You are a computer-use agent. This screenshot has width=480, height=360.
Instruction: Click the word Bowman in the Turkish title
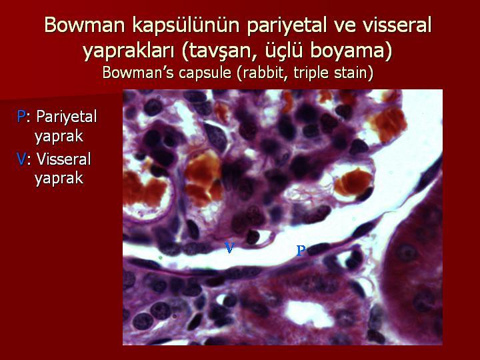(85, 25)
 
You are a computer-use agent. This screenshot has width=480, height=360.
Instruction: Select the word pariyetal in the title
(286, 26)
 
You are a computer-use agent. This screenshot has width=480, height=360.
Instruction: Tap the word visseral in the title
(397, 25)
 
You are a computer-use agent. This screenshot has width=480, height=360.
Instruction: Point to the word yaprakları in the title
(129, 51)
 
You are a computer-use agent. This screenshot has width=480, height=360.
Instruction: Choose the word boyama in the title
(351, 51)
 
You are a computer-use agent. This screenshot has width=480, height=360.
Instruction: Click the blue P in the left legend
(21, 116)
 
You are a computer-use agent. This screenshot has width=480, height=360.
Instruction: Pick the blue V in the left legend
(21, 159)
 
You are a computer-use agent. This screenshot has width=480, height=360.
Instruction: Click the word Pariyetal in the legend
(67, 117)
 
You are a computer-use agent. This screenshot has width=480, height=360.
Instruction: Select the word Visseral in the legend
(64, 159)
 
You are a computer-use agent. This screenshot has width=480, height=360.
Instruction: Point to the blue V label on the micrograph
(229, 247)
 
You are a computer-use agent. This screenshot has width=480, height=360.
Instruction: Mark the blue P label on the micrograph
(301, 251)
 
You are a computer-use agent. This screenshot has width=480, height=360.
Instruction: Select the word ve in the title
(344, 26)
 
